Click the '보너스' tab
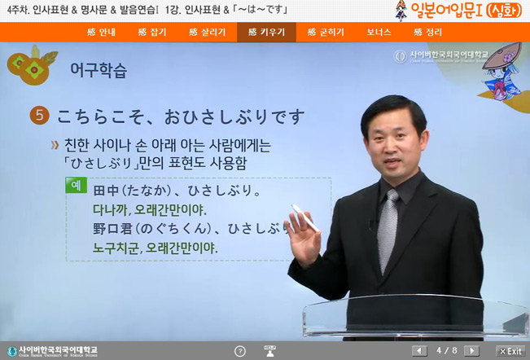(379, 33)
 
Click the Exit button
(510, 351)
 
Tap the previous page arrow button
(419, 351)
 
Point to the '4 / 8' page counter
(448, 351)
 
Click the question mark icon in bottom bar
(239, 351)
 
